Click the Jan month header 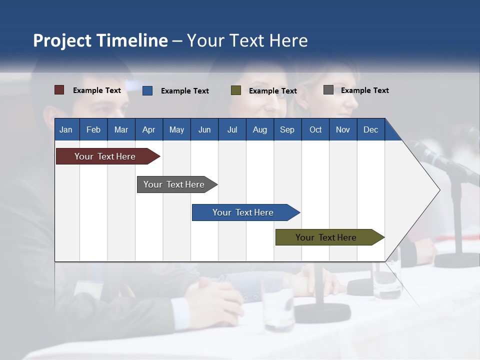pyautogui.click(x=66, y=129)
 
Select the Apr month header pyautogui.click(x=148, y=129)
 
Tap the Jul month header pyautogui.click(x=232, y=129)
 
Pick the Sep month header pyautogui.click(x=287, y=129)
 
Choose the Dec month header pyautogui.click(x=370, y=129)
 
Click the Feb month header pyautogui.click(x=93, y=129)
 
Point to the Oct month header pyautogui.click(x=315, y=129)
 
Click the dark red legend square pyautogui.click(x=59, y=90)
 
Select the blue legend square pyautogui.click(x=147, y=90)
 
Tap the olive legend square pyautogui.click(x=236, y=90)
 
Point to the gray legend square pyautogui.click(x=328, y=90)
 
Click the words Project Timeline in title pyautogui.click(x=100, y=40)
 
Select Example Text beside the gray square pyautogui.click(x=364, y=90)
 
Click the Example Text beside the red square pyautogui.click(x=97, y=90)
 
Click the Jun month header pyautogui.click(x=204, y=129)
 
